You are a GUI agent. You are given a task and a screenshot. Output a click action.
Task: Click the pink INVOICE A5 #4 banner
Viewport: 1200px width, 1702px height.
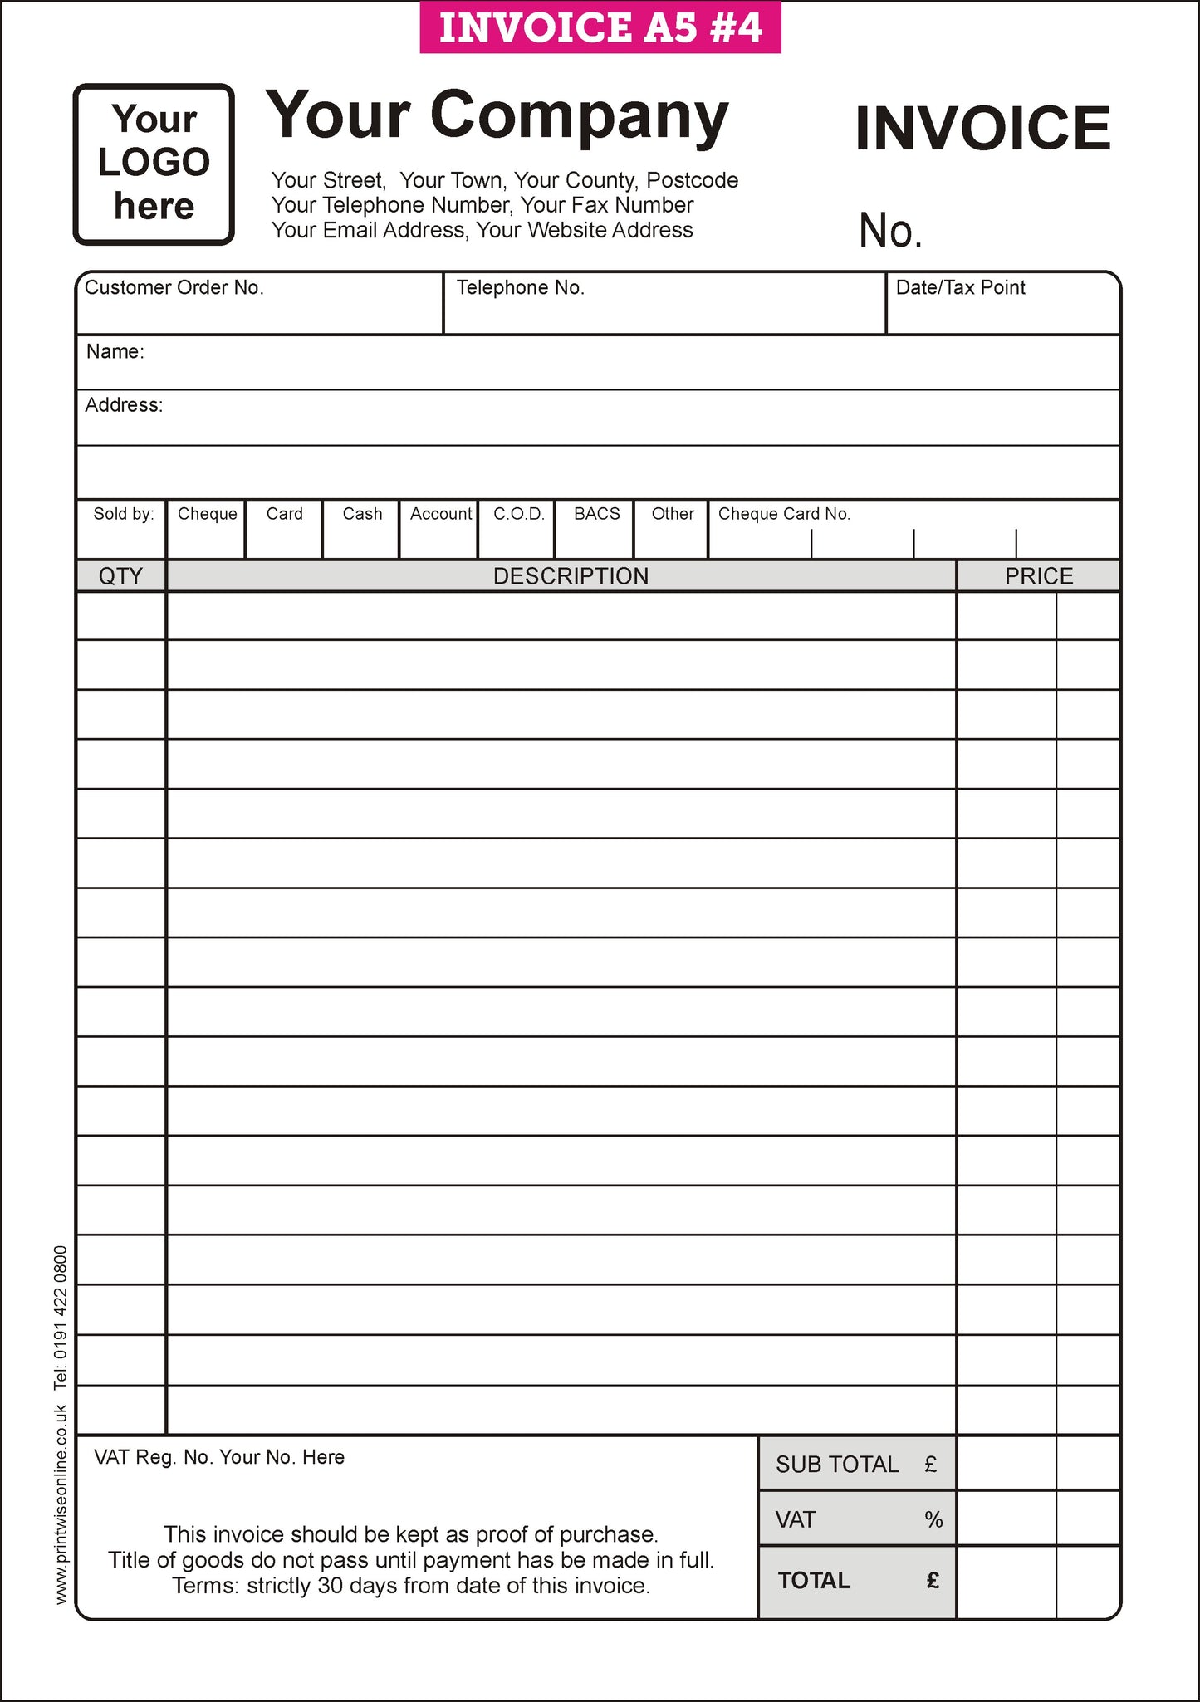(600, 27)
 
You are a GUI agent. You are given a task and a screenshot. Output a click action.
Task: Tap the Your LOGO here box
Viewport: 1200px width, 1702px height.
(154, 164)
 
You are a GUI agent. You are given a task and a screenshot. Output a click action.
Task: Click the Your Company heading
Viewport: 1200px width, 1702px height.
(497, 115)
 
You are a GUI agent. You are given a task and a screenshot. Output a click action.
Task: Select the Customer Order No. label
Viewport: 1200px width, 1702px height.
(174, 288)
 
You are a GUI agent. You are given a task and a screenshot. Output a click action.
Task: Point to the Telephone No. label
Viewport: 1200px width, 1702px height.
(521, 288)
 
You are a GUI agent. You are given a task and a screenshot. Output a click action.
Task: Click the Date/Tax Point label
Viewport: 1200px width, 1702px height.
(960, 288)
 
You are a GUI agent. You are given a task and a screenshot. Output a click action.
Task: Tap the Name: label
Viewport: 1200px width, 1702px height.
(115, 352)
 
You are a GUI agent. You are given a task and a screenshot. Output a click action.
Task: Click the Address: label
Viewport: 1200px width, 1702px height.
(124, 405)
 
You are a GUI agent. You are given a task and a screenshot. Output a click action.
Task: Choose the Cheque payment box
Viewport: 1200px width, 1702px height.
(207, 530)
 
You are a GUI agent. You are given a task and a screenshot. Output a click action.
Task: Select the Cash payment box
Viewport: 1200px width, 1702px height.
(362, 530)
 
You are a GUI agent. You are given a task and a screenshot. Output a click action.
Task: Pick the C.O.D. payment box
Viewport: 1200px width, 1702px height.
(518, 530)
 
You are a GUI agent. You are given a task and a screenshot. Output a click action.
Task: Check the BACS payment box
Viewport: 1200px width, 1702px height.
(596, 530)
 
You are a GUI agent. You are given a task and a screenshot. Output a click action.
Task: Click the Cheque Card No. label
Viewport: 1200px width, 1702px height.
(784, 514)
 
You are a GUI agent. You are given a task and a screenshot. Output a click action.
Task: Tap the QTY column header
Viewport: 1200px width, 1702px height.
(121, 576)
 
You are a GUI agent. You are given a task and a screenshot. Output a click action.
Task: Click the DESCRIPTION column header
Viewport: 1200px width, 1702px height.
(571, 576)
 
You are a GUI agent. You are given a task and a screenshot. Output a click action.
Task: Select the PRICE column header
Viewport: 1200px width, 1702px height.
(1038, 576)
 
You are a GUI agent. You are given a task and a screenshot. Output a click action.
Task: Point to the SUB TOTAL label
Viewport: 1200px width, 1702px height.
(837, 1465)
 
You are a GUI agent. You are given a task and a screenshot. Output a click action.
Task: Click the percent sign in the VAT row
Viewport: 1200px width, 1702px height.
(933, 1519)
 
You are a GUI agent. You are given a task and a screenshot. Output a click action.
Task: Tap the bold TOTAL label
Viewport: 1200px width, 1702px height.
(814, 1580)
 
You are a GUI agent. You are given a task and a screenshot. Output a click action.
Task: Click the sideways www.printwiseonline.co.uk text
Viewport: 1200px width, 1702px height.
(61, 1504)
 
